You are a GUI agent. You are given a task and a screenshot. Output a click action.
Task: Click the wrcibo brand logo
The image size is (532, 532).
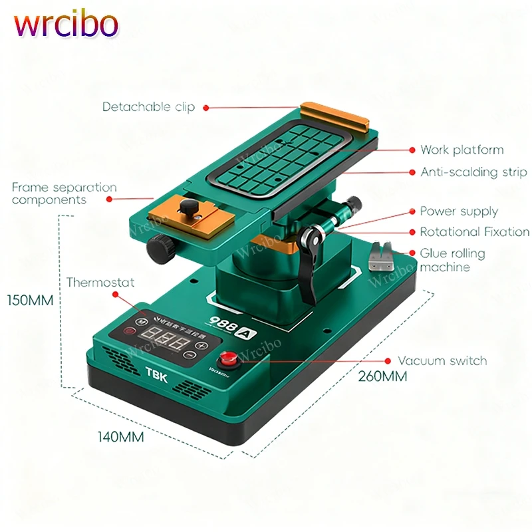coord(66,25)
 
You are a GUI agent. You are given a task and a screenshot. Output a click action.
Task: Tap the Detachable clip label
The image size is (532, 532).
coord(148,107)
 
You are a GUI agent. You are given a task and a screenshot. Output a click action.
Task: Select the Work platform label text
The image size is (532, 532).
coord(462,150)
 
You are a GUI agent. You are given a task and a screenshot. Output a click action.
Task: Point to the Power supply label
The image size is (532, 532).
coord(459,211)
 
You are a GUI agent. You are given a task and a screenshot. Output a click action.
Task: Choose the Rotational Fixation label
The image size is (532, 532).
coord(474,232)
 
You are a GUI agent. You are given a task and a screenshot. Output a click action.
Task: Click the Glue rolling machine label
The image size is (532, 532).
coord(452,260)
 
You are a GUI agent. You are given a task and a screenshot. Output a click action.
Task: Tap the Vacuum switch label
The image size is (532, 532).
coord(442,361)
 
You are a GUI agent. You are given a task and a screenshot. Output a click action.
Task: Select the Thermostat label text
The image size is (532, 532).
coord(100,283)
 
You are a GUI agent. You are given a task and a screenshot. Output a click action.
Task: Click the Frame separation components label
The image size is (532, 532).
coord(64,194)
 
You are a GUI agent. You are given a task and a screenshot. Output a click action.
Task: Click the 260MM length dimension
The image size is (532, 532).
coord(384,376)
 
